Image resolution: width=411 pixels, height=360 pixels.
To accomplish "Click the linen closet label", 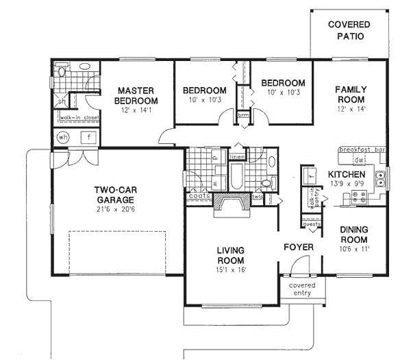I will point(237,157).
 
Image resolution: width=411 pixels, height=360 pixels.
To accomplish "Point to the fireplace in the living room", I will point(232,204).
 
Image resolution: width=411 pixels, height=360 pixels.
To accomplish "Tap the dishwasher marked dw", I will point(358,160).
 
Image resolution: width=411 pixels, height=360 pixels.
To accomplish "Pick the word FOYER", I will point(299,247).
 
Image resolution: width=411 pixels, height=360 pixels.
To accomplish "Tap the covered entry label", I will point(302,289).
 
